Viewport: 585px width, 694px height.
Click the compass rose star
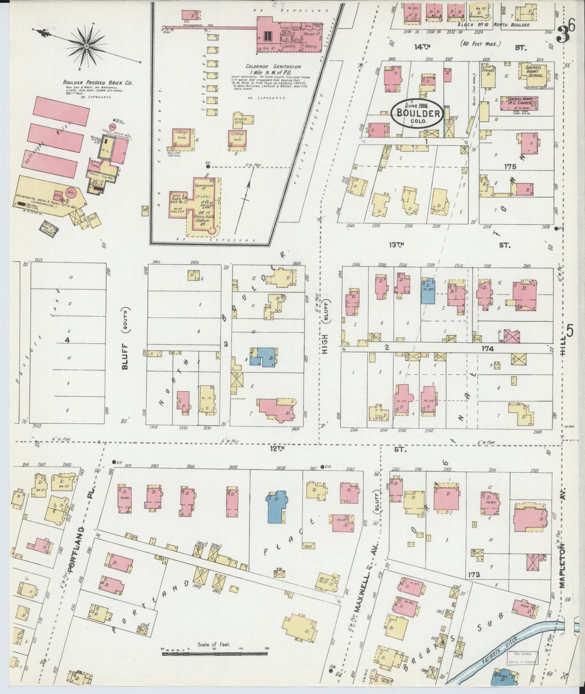(87, 46)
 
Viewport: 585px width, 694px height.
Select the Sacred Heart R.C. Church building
(519, 103)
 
